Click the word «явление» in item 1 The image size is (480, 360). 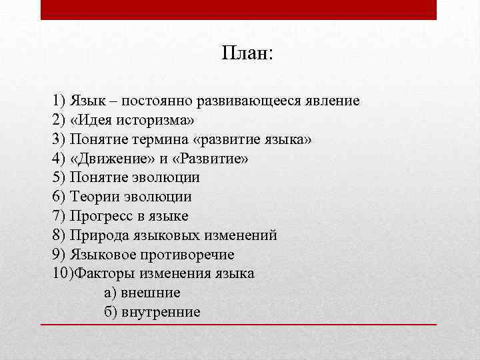click(x=331, y=101)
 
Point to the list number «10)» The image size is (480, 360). click(x=61, y=273)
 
